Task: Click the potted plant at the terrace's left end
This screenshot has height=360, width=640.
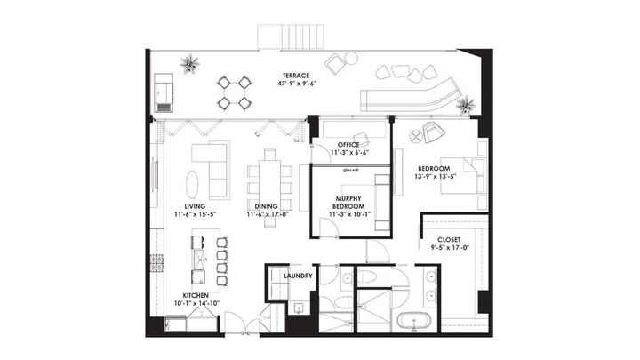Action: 188,64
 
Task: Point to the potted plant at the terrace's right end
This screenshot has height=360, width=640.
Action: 463,107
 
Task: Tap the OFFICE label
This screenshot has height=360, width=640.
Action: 348,144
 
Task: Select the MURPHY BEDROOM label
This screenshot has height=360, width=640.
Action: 348,203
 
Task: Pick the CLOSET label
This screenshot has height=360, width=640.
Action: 449,240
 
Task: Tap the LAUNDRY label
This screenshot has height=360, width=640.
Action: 298,276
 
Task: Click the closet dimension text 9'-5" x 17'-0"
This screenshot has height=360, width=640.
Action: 449,249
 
